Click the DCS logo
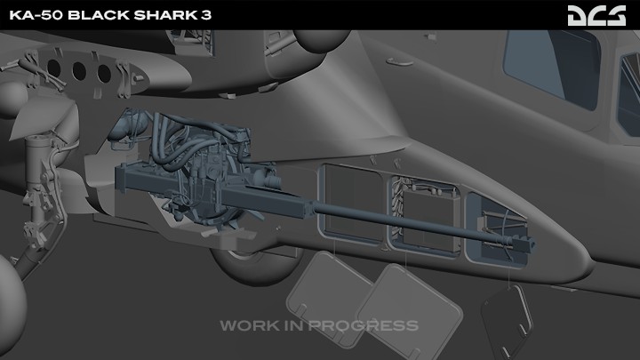click(596, 15)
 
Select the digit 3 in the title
click(205, 15)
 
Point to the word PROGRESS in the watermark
click(364, 325)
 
